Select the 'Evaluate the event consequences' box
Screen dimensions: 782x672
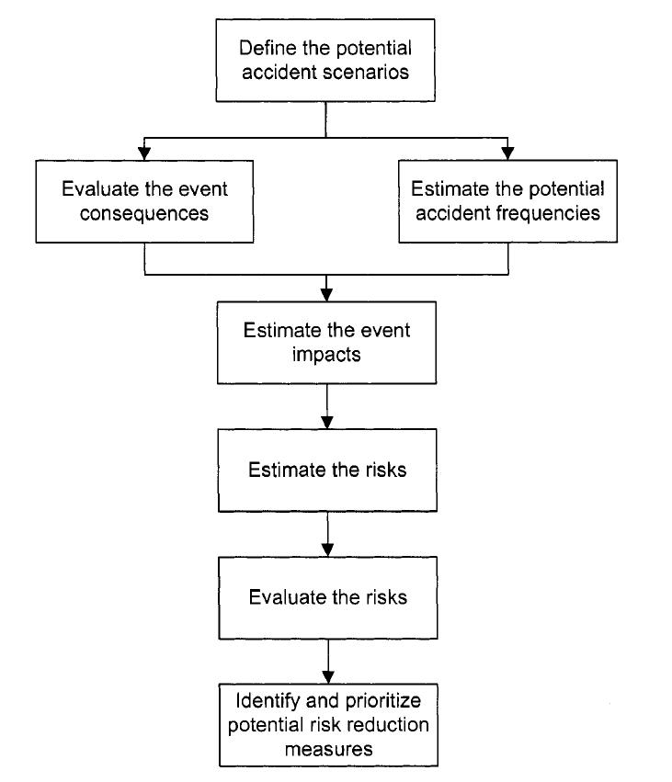pyautogui.click(x=144, y=201)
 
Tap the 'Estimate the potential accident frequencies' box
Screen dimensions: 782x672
pyautogui.click(x=507, y=201)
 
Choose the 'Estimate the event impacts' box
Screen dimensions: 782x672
pyautogui.click(x=327, y=341)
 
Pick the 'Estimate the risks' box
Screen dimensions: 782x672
pyautogui.click(x=327, y=470)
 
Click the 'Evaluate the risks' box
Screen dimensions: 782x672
pyautogui.click(x=327, y=596)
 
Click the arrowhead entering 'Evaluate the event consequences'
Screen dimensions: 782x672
pyautogui.click(x=144, y=152)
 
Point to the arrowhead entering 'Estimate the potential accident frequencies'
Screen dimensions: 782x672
pyautogui.click(x=507, y=152)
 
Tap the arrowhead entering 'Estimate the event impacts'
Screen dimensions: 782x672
pyautogui.click(x=327, y=293)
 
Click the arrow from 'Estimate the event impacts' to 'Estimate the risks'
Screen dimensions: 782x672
pyautogui.click(x=327, y=405)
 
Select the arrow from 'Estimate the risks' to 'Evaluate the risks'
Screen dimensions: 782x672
pyautogui.click(x=327, y=534)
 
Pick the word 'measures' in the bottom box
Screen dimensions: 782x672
pyautogui.click(x=328, y=749)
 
